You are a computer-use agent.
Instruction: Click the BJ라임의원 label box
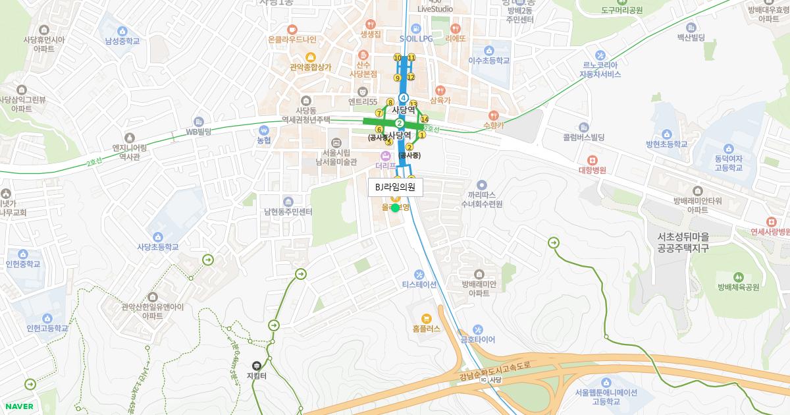click(395, 187)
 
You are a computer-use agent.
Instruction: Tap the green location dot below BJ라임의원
click(395, 208)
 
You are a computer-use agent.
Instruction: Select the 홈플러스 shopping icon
click(426, 319)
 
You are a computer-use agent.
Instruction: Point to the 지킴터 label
click(256, 376)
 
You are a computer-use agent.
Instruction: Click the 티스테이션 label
click(419, 285)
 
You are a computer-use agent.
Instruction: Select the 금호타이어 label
click(477, 339)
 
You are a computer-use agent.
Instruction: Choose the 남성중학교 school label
click(122, 41)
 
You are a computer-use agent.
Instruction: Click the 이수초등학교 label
click(489, 60)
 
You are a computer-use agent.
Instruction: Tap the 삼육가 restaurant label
click(440, 100)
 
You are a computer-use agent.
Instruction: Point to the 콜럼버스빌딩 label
click(583, 138)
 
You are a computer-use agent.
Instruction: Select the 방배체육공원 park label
click(739, 287)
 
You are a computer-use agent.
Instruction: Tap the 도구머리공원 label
click(621, 11)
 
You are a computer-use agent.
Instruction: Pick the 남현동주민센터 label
click(288, 211)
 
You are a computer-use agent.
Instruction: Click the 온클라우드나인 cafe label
click(292, 40)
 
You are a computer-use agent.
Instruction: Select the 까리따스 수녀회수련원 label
click(481, 200)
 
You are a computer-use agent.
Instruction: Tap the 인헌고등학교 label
click(47, 328)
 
